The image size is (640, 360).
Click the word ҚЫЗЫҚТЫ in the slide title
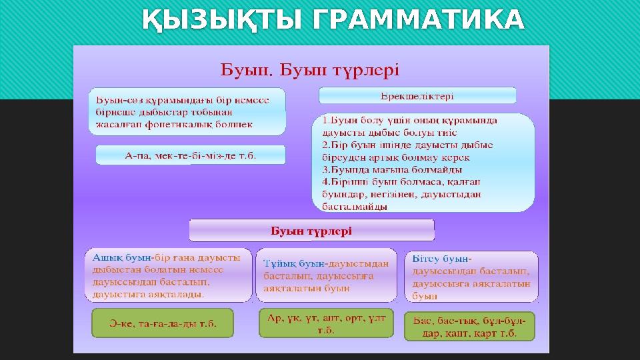tap(222, 21)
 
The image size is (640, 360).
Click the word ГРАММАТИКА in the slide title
tap(418, 21)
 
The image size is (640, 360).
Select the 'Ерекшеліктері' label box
tap(417, 96)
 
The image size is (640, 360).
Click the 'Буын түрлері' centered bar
tap(311, 231)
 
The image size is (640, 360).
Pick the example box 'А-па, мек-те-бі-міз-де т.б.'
tap(191, 155)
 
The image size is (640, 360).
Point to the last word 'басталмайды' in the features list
tap(355, 207)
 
